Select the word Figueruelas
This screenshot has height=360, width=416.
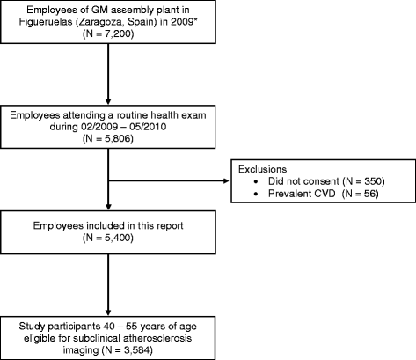[x=46, y=22]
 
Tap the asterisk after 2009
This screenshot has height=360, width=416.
[x=193, y=20]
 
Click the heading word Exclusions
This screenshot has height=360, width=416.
[x=262, y=169]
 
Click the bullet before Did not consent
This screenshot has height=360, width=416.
[x=256, y=182]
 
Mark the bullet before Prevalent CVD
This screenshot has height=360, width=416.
[x=256, y=194]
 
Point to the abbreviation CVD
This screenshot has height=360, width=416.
[x=325, y=194]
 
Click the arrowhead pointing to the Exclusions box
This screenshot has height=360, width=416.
[x=226, y=181]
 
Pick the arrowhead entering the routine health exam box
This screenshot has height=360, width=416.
[x=108, y=101]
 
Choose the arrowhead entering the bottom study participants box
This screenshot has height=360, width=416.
[x=108, y=312]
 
